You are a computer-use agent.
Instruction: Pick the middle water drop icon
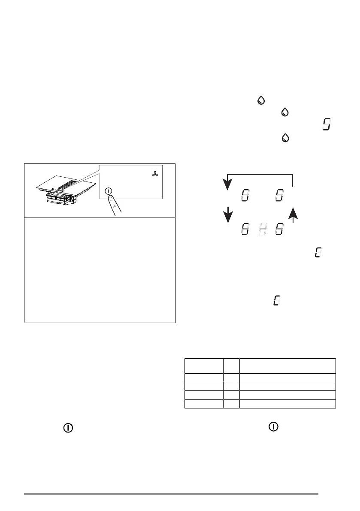point(284,112)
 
